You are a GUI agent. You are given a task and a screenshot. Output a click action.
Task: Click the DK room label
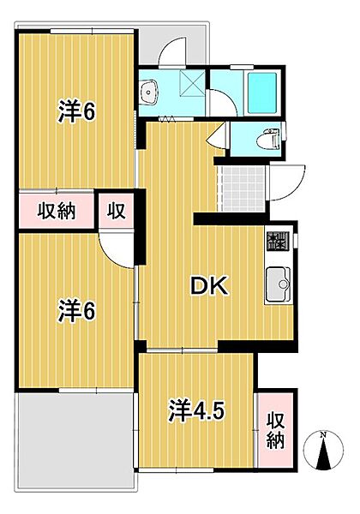[x=209, y=286]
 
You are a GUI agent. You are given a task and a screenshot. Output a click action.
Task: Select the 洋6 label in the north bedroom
[x=77, y=111]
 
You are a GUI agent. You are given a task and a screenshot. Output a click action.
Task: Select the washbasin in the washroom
[x=148, y=92]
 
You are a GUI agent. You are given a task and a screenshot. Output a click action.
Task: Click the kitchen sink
[x=278, y=284]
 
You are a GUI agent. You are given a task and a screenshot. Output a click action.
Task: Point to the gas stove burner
[x=278, y=241]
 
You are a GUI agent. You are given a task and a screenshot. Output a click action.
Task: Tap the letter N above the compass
[x=324, y=435]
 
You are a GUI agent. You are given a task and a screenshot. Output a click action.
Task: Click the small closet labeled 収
[x=117, y=211]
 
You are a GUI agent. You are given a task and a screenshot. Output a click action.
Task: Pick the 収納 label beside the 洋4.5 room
[x=275, y=430]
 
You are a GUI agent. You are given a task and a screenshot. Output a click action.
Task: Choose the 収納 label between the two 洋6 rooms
[x=56, y=211]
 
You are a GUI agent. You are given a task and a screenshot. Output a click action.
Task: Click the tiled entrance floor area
[x=242, y=189]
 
